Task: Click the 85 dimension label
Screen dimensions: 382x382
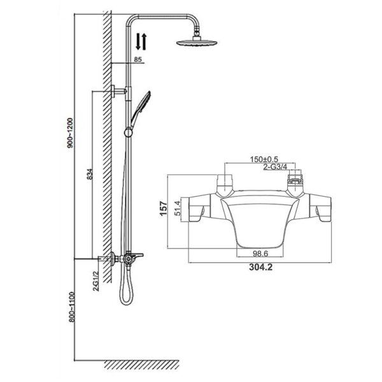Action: click(x=138, y=59)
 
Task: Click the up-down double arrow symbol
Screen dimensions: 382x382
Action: click(x=142, y=43)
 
